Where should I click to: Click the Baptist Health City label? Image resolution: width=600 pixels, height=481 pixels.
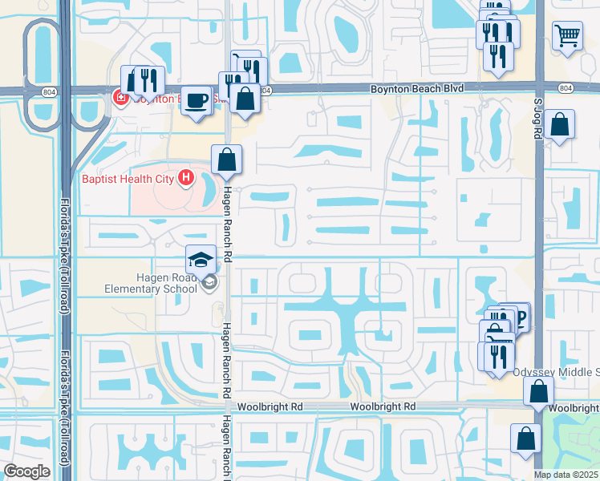(128, 177)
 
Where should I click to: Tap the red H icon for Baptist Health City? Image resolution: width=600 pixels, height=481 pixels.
(187, 177)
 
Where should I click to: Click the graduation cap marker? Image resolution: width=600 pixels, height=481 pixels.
(201, 259)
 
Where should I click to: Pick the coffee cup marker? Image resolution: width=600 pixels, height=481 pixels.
(196, 100)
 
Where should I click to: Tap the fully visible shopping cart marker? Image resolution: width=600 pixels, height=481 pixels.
(567, 35)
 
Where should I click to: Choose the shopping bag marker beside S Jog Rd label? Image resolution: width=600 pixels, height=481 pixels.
(559, 124)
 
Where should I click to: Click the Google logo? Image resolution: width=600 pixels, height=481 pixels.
(27, 471)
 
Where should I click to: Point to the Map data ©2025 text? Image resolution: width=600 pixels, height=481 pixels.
(566, 475)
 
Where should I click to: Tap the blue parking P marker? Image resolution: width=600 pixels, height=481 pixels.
(517, 317)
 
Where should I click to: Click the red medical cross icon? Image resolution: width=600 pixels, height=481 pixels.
(120, 99)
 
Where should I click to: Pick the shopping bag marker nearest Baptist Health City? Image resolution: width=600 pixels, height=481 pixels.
(227, 159)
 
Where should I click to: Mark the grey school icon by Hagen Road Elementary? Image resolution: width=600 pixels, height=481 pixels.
(209, 281)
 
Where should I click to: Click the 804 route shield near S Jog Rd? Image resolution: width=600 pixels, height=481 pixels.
(566, 87)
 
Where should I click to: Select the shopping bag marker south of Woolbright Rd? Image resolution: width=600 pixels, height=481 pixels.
(525, 439)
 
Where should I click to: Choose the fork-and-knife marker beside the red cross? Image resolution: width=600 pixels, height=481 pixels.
(148, 80)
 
